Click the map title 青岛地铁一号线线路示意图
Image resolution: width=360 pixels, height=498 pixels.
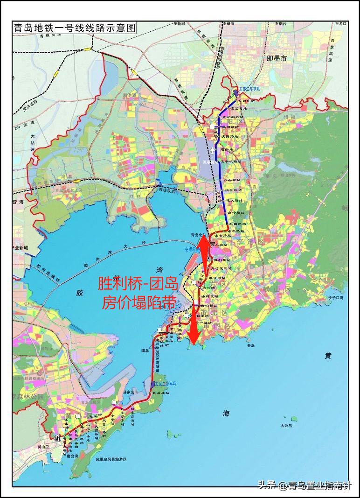click(x=74, y=28)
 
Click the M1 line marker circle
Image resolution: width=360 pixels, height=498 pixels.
click(x=58, y=438)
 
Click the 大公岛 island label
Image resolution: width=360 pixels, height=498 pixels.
click(x=286, y=426)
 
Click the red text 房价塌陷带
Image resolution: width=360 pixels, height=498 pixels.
click(x=138, y=302)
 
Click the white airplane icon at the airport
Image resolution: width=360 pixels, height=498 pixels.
click(x=213, y=150)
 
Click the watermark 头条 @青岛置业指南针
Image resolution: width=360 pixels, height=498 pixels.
click(x=305, y=485)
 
